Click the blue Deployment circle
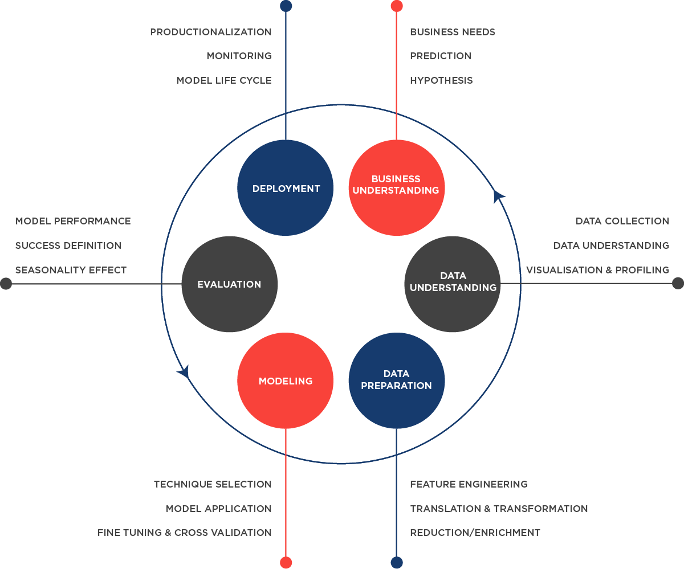pyautogui.click(x=285, y=188)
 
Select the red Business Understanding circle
pyautogui.click(x=396, y=188)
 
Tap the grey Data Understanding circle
pyautogui.click(x=453, y=284)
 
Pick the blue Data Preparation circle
pyautogui.click(x=396, y=380)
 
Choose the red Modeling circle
pyautogui.click(x=285, y=380)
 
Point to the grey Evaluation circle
pyautogui.click(x=229, y=284)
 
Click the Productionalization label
pyautogui.click(x=210, y=32)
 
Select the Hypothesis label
pyautogui.click(x=441, y=80)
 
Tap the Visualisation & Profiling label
pyautogui.click(x=597, y=270)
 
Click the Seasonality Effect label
pyautogui.click(x=71, y=270)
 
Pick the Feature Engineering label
pyautogui.click(x=469, y=484)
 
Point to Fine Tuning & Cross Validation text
pyautogui.click(x=184, y=533)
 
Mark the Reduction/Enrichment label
pyautogui.click(x=475, y=533)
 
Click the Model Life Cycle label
pyautogui.click(x=223, y=80)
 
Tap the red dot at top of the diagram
pyautogui.click(x=397, y=6)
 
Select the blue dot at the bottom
pyautogui.click(x=397, y=562)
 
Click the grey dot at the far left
pyautogui.click(x=6, y=283)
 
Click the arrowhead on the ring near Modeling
pyautogui.click(x=184, y=372)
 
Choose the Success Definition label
pyautogui.click(x=68, y=245)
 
